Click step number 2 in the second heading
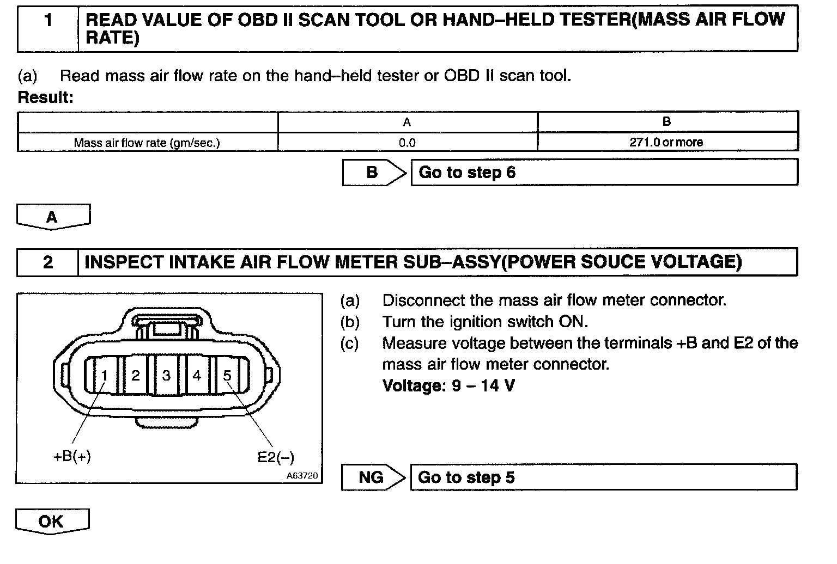coord(48,262)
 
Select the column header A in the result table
coord(407,122)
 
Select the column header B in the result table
coord(666,122)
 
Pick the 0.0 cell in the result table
coord(407,143)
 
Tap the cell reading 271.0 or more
coord(666,143)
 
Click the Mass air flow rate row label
coord(147,143)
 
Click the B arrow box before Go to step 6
coord(373,173)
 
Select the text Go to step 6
coord(467,173)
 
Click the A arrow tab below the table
coord(52,217)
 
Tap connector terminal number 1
coord(105,375)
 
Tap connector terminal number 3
coord(166,375)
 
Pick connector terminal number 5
coord(227,375)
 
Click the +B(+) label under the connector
coord(72,456)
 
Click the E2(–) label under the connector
coord(276,457)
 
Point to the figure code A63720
coord(302,475)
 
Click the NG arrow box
coord(372,477)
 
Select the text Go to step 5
coord(466,477)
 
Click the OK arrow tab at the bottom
coord(51,522)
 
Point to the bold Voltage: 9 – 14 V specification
coord(448,386)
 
